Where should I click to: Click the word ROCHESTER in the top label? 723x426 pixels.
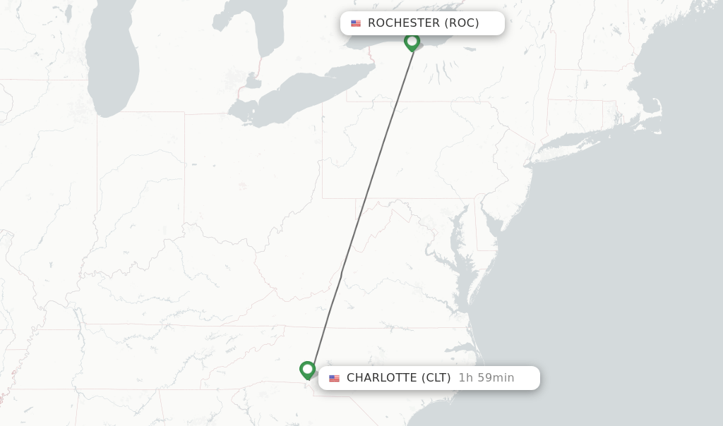[x=403, y=23]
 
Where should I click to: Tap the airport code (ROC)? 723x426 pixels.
[x=462, y=23]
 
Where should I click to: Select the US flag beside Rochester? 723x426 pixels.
[x=356, y=23]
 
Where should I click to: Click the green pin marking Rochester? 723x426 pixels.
[x=412, y=42]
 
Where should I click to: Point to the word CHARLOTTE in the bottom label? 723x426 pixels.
[x=381, y=378]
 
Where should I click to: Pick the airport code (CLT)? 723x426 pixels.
[x=436, y=378]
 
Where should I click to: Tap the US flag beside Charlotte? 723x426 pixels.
[x=334, y=378]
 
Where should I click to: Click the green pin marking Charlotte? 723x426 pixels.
[x=307, y=369]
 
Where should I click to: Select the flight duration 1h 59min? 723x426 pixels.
[x=486, y=378]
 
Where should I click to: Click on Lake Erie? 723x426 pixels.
[x=304, y=92]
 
